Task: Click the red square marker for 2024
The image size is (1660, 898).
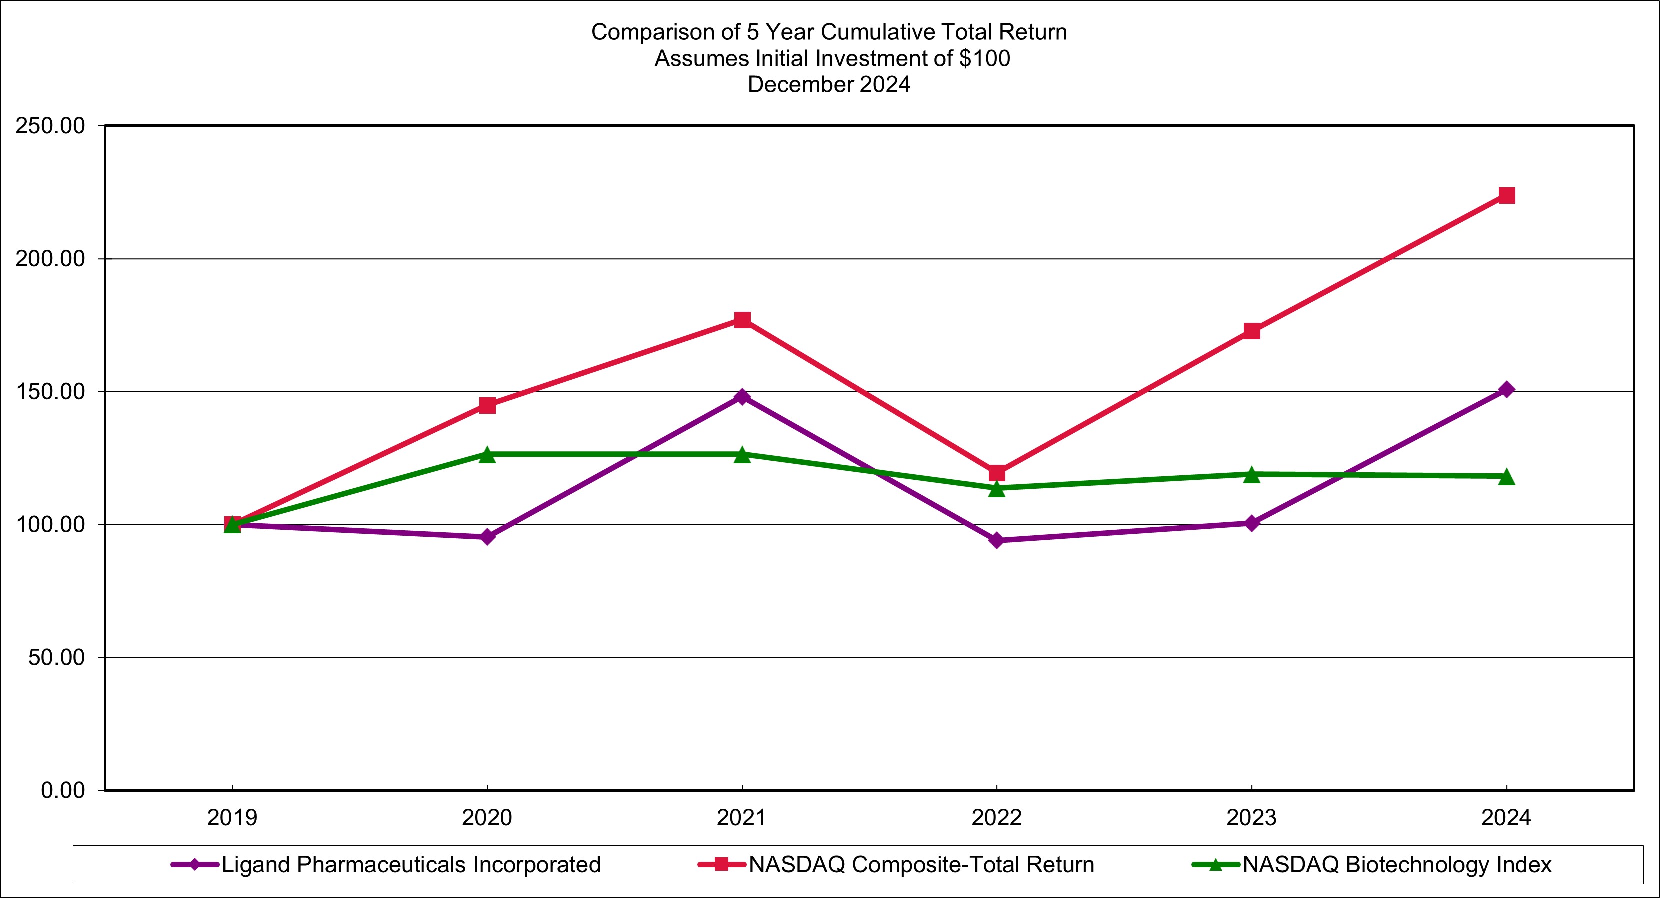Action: coord(1506,195)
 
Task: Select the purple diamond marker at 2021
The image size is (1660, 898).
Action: coord(742,396)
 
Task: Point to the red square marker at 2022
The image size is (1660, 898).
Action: coord(997,473)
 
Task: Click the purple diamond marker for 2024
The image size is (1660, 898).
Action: coord(1506,389)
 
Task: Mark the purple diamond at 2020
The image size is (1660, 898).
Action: coord(488,537)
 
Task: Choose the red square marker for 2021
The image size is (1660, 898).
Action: coord(742,320)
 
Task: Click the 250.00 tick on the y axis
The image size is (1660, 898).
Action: coord(50,126)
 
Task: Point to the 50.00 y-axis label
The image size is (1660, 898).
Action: coord(56,657)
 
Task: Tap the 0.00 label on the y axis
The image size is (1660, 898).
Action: coord(63,790)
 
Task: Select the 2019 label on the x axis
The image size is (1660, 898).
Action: coord(232,818)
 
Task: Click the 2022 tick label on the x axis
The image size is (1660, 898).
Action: coord(997,818)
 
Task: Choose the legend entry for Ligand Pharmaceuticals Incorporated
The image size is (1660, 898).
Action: coord(410,864)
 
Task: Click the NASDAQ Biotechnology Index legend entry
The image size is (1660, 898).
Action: coord(1396,864)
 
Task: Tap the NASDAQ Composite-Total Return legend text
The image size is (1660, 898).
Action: coord(921,864)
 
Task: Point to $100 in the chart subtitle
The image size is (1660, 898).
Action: coord(984,58)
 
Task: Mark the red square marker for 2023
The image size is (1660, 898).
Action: coord(1251,331)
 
